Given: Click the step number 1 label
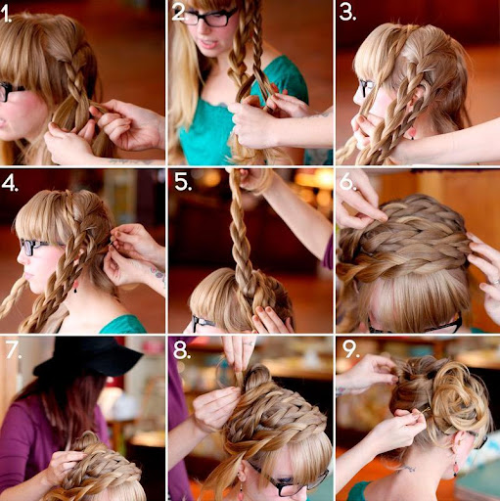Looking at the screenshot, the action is tap(6, 14).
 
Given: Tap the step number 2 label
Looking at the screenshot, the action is tap(180, 13).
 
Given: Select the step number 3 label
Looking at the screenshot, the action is tap(347, 13).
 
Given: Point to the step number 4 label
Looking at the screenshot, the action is tap(10, 183).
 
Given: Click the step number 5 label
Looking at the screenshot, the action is tap(183, 182).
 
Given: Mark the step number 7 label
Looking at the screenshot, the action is tap(14, 350).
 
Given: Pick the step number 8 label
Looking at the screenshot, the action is tap(182, 350).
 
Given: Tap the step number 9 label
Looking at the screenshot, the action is tap(351, 349).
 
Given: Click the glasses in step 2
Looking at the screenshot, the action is tap(207, 18).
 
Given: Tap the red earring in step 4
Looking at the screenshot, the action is tap(75, 286).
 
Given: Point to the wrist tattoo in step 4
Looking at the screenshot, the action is tap(158, 273).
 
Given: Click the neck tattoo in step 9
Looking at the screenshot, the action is tap(408, 469).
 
